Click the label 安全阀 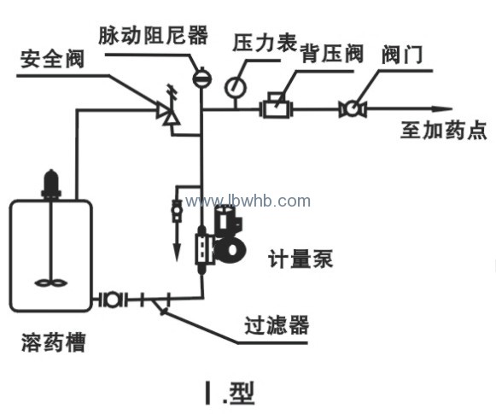(x=52, y=59)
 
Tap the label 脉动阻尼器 (x=154, y=35)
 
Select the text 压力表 (x=265, y=43)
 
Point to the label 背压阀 (x=331, y=54)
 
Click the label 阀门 (x=402, y=55)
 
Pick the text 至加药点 (x=443, y=130)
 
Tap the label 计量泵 (x=301, y=259)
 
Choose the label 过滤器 (x=277, y=325)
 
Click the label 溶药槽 (x=54, y=342)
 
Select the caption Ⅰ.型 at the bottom (x=230, y=394)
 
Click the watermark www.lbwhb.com (x=248, y=201)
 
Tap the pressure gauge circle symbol (x=236, y=87)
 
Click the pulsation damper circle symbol (x=202, y=78)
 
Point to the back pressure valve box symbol (x=276, y=105)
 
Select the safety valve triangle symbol (x=167, y=114)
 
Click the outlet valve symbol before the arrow (x=353, y=108)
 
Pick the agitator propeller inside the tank (x=50, y=283)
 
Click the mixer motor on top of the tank (x=50, y=184)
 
